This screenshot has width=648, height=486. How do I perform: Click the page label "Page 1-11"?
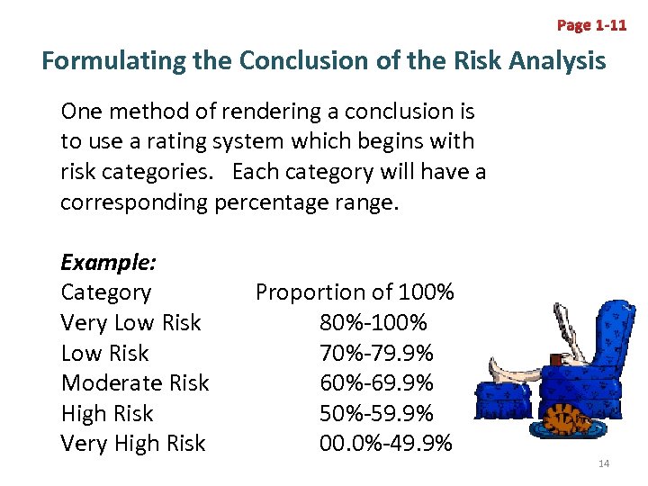coord(591,25)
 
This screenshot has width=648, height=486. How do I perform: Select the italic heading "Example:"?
coord(109,262)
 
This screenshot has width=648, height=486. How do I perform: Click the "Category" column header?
coord(106,292)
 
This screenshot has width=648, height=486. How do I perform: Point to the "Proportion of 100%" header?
coord(355,292)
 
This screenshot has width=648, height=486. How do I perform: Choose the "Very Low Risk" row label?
coord(130,322)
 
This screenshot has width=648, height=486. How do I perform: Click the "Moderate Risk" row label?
coord(135,382)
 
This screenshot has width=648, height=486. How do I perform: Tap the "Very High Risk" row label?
coord(133,443)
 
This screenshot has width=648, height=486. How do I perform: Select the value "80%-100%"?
coord(373,322)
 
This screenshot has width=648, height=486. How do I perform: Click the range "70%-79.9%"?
coord(376,353)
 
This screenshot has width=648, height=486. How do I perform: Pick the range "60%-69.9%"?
coord(376,382)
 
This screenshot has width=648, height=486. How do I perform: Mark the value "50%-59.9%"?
coord(376,413)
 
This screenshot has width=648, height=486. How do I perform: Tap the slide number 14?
coord(604,463)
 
